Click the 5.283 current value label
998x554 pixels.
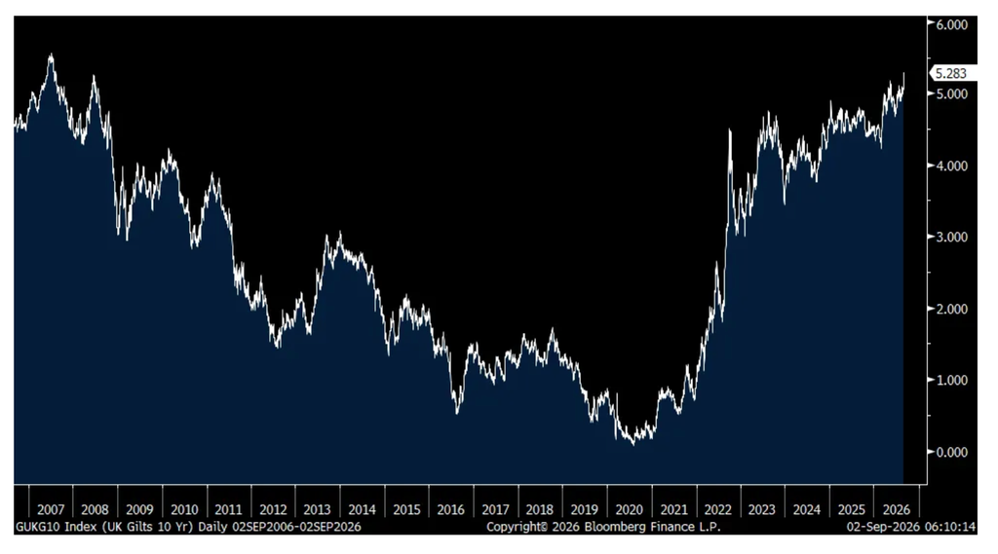(x=951, y=74)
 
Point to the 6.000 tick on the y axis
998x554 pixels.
(x=951, y=24)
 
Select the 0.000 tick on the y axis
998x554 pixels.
(x=951, y=452)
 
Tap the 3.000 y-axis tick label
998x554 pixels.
(x=951, y=238)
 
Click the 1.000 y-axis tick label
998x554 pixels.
(x=951, y=381)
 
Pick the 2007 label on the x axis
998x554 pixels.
(x=51, y=509)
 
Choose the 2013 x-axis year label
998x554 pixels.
(x=317, y=509)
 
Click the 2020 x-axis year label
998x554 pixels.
(x=629, y=509)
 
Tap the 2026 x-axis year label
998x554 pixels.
(x=897, y=509)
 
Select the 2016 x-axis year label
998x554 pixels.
(x=450, y=509)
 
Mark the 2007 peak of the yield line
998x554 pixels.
(x=51, y=55)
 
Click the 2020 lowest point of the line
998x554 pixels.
(x=633, y=444)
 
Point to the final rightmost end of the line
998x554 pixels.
(x=903, y=73)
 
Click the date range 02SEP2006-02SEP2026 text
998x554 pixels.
(x=296, y=528)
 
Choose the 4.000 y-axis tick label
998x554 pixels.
(x=951, y=166)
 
